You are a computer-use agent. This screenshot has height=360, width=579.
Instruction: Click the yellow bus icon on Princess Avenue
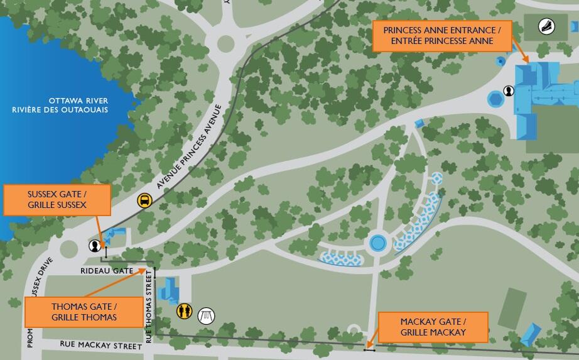click(x=145, y=200)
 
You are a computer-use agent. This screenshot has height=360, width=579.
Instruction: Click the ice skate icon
click(x=547, y=26)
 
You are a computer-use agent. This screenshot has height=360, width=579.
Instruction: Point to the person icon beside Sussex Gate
click(x=95, y=246)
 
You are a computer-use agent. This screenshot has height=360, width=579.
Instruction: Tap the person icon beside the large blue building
click(x=509, y=90)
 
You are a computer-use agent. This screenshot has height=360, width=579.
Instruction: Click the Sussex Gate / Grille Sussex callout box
click(x=57, y=200)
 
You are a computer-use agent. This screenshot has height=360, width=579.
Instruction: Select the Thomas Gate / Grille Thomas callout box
click(x=84, y=312)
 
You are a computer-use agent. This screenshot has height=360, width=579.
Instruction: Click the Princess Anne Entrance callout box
click(x=442, y=36)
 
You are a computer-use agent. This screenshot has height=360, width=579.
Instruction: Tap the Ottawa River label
click(x=69, y=105)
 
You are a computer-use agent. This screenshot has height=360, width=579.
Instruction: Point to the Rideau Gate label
click(x=107, y=271)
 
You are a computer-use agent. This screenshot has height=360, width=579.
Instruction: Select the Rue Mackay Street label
click(x=100, y=345)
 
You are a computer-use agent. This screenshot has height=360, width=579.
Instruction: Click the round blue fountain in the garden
click(x=377, y=243)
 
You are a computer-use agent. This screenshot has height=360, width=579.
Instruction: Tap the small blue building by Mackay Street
click(x=531, y=334)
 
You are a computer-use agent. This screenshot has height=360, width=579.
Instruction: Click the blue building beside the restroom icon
click(x=169, y=291)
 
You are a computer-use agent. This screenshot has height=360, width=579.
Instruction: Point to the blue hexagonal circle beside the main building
click(x=495, y=99)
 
